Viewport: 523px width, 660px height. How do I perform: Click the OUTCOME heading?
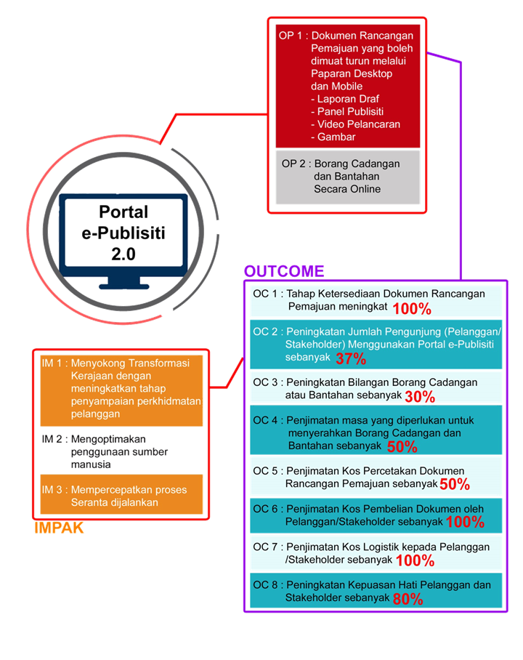(284, 271)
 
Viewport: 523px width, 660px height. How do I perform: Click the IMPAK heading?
(59, 528)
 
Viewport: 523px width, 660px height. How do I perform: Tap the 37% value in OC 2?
(351, 358)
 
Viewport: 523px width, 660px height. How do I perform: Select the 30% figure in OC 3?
(420, 396)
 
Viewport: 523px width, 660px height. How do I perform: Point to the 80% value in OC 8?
(408, 599)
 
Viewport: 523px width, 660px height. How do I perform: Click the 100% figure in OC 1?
(412, 309)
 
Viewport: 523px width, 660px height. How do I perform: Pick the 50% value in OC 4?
(402, 446)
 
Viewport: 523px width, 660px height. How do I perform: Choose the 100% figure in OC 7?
(415, 560)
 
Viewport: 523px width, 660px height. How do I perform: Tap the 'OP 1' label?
(291, 36)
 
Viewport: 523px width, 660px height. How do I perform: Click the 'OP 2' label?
(293, 164)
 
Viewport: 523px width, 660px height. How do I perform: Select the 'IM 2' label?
(52, 440)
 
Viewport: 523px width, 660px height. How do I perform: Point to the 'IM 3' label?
(52, 490)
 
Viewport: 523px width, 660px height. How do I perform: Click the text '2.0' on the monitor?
(123, 254)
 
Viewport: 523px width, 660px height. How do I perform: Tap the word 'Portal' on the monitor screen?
(123, 212)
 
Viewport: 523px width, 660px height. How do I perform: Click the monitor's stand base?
(124, 286)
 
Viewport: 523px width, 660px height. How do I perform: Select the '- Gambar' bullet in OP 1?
(333, 137)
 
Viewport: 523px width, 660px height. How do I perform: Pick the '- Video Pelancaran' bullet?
(355, 124)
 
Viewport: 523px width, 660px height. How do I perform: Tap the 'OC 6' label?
(265, 510)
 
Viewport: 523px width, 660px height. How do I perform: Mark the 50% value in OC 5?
(455, 485)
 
